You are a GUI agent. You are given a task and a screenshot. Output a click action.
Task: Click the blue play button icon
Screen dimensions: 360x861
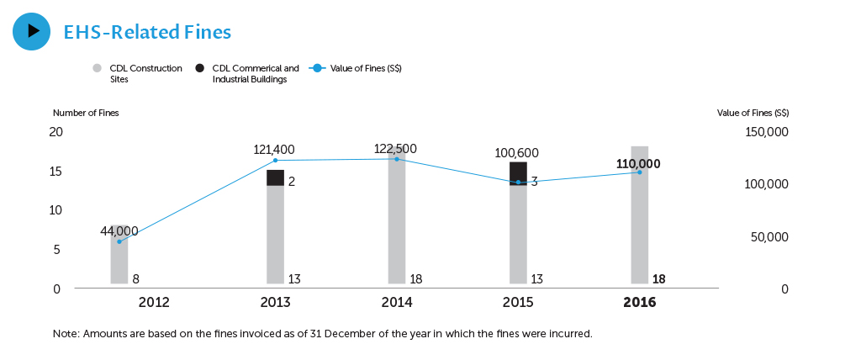[x=32, y=31]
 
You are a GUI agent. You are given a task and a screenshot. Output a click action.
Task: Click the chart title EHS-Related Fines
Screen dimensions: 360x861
[x=147, y=32]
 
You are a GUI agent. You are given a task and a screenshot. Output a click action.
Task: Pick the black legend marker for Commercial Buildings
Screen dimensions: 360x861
[x=199, y=68]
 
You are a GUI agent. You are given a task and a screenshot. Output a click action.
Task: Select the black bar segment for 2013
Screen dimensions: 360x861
[x=275, y=177]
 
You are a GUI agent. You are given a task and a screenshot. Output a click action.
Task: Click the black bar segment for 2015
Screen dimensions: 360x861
[x=518, y=171]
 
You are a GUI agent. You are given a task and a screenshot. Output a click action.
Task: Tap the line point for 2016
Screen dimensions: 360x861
[x=639, y=172]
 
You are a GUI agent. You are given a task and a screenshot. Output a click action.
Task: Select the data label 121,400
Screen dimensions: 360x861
[x=274, y=150]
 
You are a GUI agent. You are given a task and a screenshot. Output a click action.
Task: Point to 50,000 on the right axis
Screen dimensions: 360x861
[x=769, y=238]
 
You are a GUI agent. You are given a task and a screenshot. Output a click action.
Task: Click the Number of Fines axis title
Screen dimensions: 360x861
[x=86, y=113]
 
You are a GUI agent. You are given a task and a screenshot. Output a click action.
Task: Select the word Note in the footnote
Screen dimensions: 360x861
[x=66, y=334]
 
